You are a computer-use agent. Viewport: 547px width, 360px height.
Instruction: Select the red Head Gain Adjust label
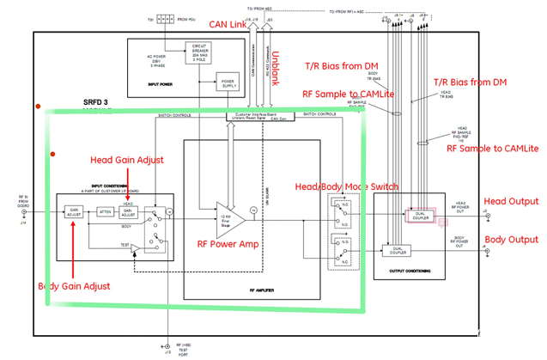click(127, 160)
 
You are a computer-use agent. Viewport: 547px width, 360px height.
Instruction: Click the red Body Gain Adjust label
click(75, 285)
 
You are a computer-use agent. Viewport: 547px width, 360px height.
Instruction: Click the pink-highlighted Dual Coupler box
click(421, 215)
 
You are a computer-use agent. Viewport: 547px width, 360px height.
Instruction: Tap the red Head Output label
click(512, 201)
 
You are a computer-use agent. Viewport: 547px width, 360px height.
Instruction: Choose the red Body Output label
click(512, 240)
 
